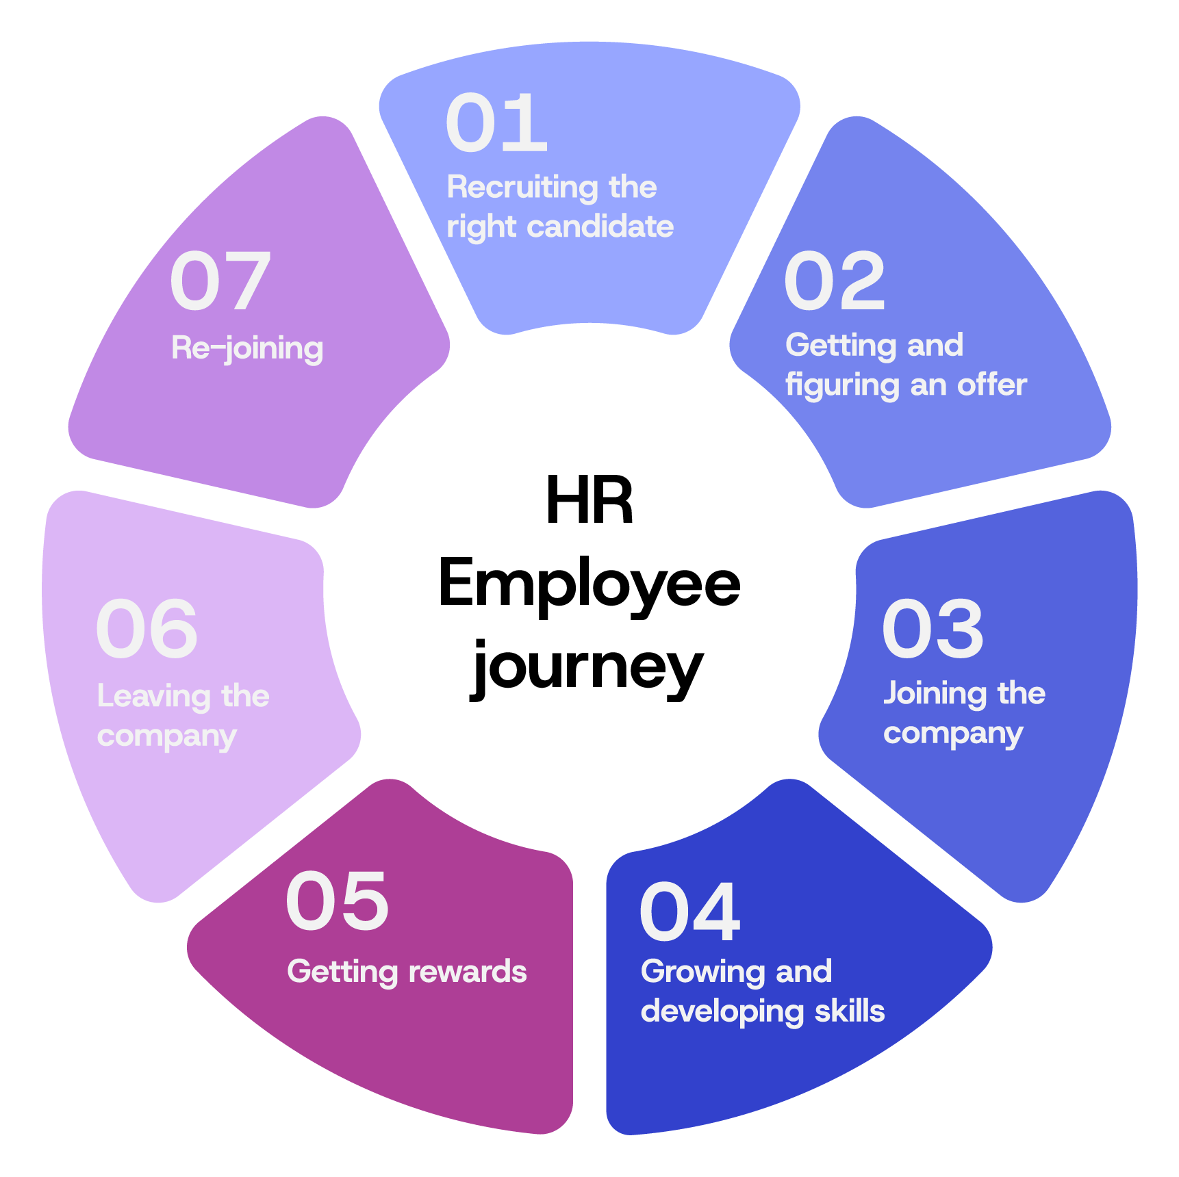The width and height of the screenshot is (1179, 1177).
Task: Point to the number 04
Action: [x=689, y=911]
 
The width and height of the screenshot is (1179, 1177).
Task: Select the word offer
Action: [x=992, y=385]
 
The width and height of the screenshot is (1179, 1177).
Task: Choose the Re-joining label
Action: [x=247, y=349]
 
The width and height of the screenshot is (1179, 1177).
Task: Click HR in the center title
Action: [x=589, y=500]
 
